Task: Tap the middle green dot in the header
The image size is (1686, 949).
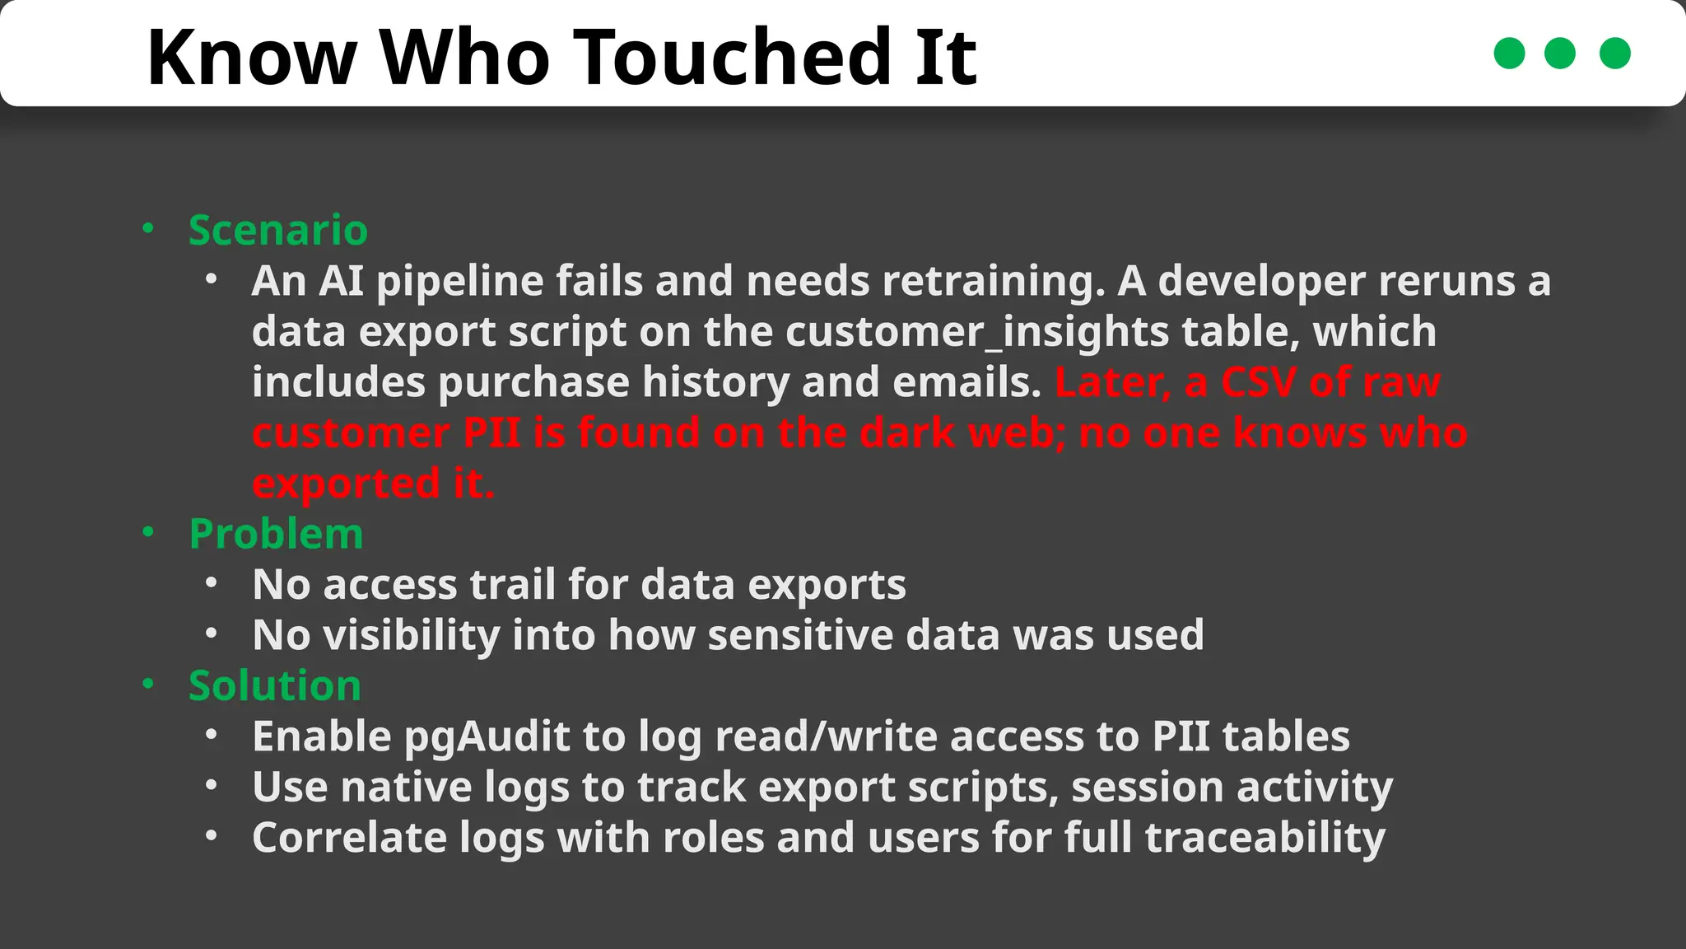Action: click(1559, 54)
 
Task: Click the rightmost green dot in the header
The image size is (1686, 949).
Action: click(1614, 54)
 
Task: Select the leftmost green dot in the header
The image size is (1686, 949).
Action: click(1509, 54)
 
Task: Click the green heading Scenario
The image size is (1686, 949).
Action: click(277, 230)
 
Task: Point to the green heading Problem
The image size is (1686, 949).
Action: click(276, 534)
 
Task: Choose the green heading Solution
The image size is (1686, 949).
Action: click(274, 685)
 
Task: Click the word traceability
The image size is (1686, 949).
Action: click(1264, 838)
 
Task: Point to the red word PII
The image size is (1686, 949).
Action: click(491, 433)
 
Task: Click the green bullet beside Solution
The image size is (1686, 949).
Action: click(148, 684)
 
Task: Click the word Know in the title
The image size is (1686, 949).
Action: click(251, 57)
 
